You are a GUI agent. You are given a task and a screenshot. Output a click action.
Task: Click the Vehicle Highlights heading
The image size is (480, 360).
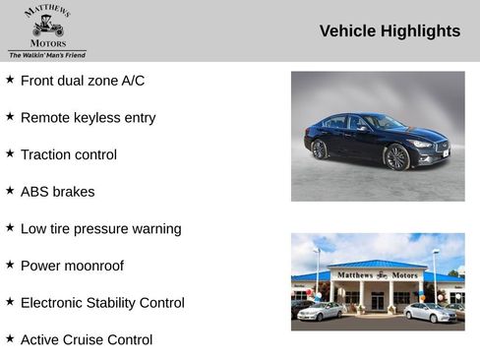pos(390,31)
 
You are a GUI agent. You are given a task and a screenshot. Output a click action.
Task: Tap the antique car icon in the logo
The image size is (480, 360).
pos(47,28)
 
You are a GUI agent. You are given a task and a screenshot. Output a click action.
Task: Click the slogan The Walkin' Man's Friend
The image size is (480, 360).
pos(47,55)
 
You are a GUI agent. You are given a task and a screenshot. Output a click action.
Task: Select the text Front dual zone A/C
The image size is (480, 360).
pos(83,81)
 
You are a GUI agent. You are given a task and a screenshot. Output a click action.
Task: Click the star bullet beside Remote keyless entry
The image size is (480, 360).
pos(10,117)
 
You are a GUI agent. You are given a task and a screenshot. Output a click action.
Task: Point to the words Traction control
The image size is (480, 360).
pos(69,154)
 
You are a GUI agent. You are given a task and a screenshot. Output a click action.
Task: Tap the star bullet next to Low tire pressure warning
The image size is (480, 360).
pos(10,228)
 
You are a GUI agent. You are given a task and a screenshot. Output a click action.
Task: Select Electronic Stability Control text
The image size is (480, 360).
pos(102,303)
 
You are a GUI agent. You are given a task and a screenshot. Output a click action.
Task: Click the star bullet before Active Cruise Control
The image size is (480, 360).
pos(10,339)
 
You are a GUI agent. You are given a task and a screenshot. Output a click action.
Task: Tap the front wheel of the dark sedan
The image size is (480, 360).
pos(396,157)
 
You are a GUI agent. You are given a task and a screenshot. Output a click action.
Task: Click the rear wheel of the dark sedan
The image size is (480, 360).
pos(320,150)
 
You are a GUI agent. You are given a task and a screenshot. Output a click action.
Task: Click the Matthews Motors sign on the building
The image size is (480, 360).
pos(378,275)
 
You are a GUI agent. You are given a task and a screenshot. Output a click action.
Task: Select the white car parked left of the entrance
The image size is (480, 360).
pos(321,311)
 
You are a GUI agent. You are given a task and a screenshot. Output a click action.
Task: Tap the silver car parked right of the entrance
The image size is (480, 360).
pos(430,312)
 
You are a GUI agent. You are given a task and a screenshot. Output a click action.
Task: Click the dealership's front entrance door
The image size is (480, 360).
pos(378,300)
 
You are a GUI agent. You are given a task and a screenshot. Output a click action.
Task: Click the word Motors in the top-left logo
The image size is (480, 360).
pos(48,44)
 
